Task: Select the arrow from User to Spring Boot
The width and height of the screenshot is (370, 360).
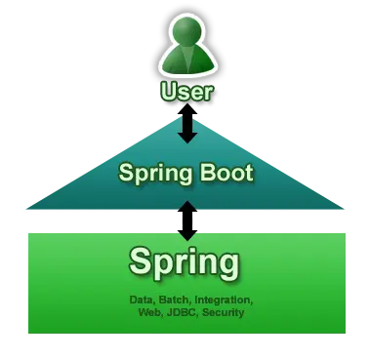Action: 185,126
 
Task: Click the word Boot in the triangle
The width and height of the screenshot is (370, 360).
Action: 224,176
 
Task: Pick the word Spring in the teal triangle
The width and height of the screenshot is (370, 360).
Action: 151,176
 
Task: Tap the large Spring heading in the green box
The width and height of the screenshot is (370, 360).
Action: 185,263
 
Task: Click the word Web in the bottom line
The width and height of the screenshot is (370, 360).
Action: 149,312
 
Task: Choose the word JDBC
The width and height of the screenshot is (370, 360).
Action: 182,312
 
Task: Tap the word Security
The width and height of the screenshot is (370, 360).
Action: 223,312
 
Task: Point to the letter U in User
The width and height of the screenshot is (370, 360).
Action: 168,94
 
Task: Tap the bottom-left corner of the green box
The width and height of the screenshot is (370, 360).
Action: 26,334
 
